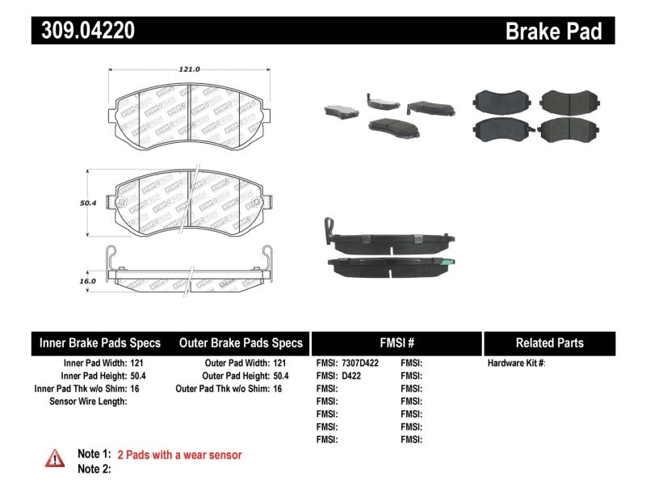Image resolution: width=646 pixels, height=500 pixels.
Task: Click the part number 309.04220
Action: tap(83, 31)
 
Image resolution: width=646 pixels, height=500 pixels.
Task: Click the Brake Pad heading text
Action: tap(553, 31)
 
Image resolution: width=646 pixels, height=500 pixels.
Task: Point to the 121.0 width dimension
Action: tap(189, 69)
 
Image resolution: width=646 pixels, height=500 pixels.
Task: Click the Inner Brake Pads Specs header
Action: tap(100, 342)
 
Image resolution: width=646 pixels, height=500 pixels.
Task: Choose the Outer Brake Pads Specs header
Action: tap(241, 342)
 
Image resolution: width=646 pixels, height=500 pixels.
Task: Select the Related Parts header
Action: tap(549, 342)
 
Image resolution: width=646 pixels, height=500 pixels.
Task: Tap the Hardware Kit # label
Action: tap(516, 363)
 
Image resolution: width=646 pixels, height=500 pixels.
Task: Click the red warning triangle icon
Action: tap(55, 458)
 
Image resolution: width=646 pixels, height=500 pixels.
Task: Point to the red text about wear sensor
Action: tap(179, 455)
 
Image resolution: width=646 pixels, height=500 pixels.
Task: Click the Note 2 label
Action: tap(93, 468)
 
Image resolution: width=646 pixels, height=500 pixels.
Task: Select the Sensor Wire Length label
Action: tap(88, 401)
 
